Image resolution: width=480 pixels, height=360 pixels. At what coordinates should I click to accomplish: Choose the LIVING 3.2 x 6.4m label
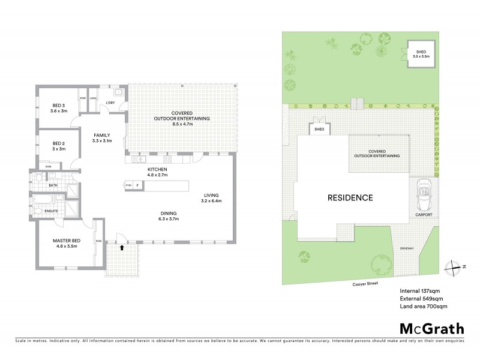211,198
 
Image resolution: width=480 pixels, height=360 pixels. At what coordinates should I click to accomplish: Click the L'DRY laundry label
110,103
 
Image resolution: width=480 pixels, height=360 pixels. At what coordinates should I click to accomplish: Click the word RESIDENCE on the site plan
350,197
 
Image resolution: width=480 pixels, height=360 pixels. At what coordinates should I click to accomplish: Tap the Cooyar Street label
365,286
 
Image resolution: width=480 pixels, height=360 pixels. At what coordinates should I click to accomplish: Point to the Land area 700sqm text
424,306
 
